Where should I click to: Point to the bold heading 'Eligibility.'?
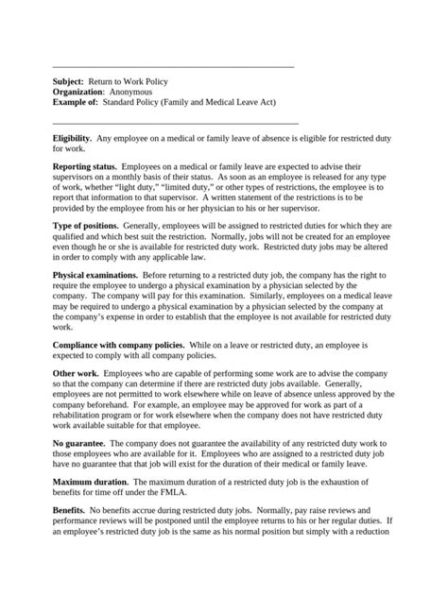[78, 139]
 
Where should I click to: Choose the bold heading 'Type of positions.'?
[91, 228]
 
